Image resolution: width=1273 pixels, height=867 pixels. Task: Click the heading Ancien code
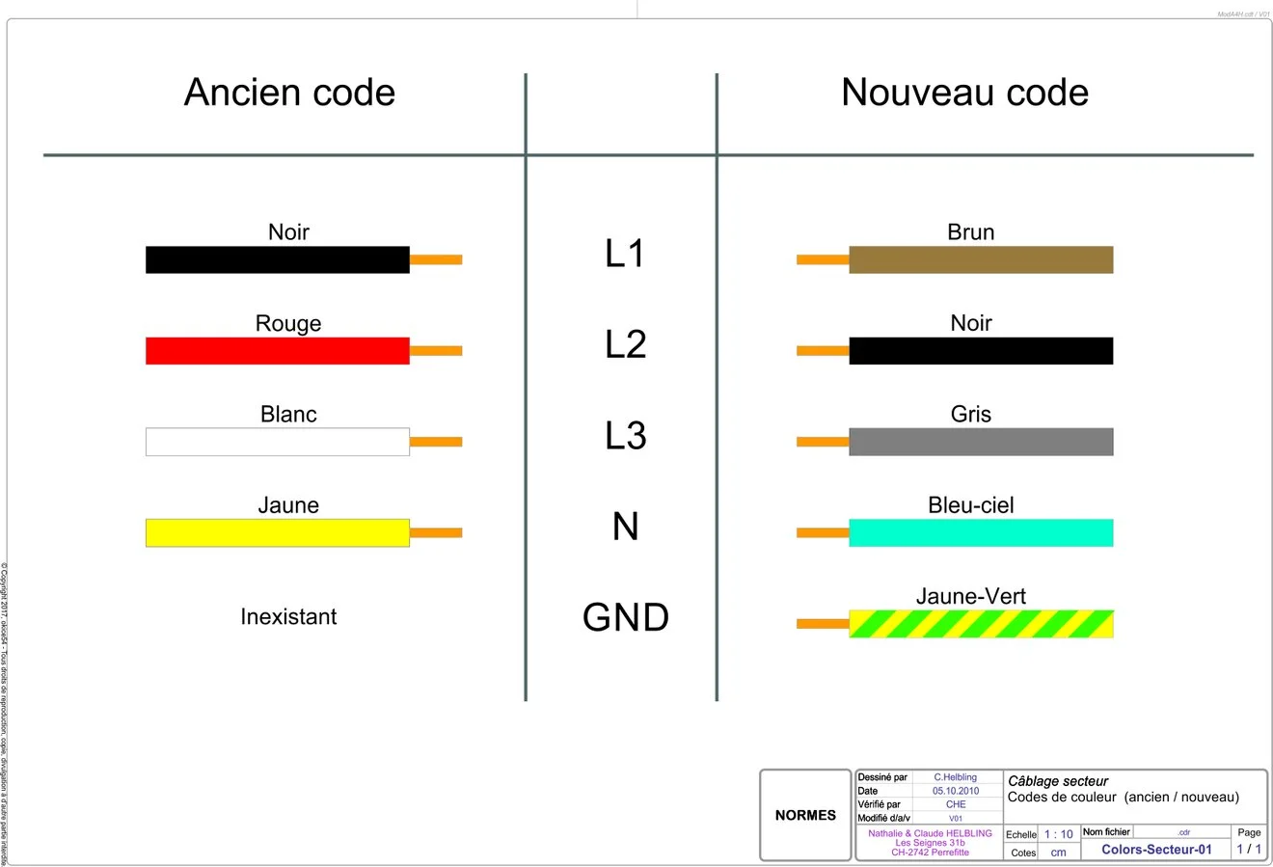tap(289, 93)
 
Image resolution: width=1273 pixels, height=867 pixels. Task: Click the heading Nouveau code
tap(964, 93)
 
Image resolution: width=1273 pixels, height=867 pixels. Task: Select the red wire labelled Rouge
tap(278, 351)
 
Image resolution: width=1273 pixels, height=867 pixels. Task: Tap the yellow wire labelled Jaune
tap(278, 533)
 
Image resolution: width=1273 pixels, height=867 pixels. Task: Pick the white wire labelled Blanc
tap(278, 442)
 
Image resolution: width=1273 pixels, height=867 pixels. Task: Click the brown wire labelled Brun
tap(981, 259)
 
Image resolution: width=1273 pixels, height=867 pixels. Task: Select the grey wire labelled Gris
tap(981, 442)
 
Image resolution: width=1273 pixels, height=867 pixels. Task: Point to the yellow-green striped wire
tap(981, 624)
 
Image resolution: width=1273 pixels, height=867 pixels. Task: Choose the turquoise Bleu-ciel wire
tap(981, 533)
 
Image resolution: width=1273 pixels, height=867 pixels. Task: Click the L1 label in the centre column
tap(625, 254)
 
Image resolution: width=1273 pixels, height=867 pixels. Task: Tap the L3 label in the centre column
tap(625, 436)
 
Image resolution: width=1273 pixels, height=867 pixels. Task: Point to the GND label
tap(625, 618)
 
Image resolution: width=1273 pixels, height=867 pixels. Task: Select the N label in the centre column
tap(625, 527)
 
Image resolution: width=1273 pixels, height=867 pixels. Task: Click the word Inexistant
tap(288, 617)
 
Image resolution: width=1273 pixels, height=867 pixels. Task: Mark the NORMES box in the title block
tap(805, 815)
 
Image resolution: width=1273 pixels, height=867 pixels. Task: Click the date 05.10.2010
tap(955, 791)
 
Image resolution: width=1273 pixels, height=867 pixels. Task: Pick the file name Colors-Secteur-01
tap(1156, 850)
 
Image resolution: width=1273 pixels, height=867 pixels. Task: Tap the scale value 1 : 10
tap(1058, 834)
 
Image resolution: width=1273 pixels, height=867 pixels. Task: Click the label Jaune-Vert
tap(970, 596)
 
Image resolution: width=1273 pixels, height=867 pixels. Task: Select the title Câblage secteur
tap(1058, 781)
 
